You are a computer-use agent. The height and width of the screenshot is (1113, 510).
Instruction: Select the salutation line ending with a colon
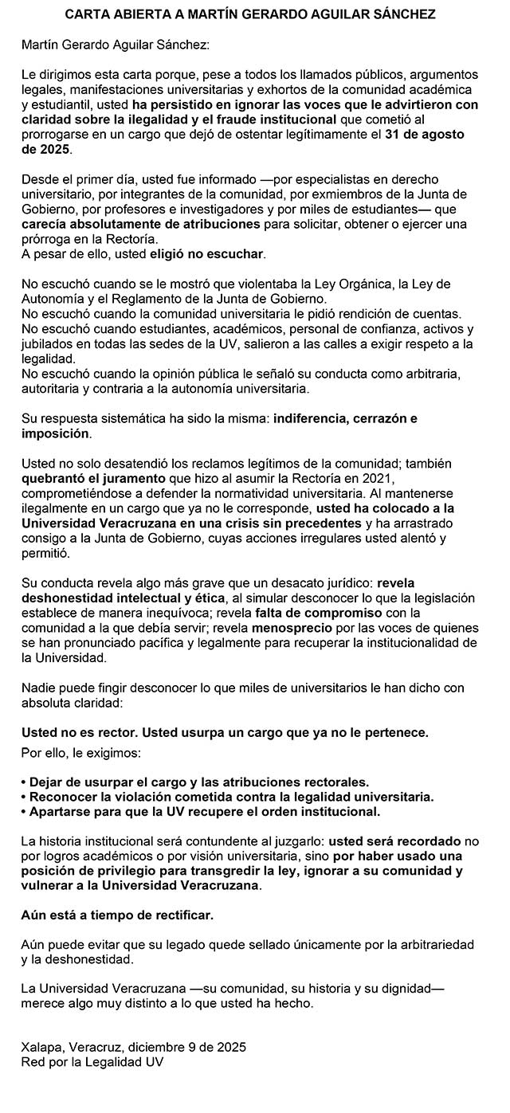(x=115, y=45)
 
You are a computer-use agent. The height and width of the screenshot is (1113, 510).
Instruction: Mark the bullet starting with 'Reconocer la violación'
(x=226, y=797)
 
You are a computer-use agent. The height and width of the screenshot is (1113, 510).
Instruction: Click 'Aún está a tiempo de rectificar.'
(x=116, y=915)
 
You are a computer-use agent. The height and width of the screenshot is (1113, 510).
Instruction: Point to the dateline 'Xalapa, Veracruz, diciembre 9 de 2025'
(x=133, y=1047)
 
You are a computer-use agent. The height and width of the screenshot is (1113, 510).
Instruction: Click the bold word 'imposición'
(x=56, y=433)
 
